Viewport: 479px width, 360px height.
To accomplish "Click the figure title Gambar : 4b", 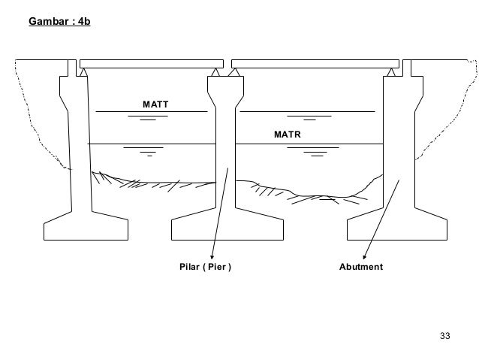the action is pyautogui.click(x=58, y=17).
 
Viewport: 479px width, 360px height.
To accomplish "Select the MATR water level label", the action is pyautogui.click(x=286, y=134).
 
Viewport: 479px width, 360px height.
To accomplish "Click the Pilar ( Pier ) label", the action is pyautogui.click(x=205, y=267).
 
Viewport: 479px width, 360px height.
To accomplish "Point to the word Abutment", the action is pyautogui.click(x=361, y=267).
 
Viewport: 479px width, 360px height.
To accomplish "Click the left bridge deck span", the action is pyautogui.click(x=151, y=62).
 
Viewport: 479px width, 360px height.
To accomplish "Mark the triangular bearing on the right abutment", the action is pyautogui.click(x=392, y=72).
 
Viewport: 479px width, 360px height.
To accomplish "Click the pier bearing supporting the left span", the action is pyautogui.click(x=216, y=72).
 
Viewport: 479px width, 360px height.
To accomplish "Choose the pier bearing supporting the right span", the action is pyautogui.click(x=233, y=72).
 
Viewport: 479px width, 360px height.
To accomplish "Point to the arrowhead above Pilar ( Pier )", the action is pyautogui.click(x=212, y=256).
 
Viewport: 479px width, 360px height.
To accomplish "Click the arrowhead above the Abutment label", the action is pyautogui.click(x=365, y=256).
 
